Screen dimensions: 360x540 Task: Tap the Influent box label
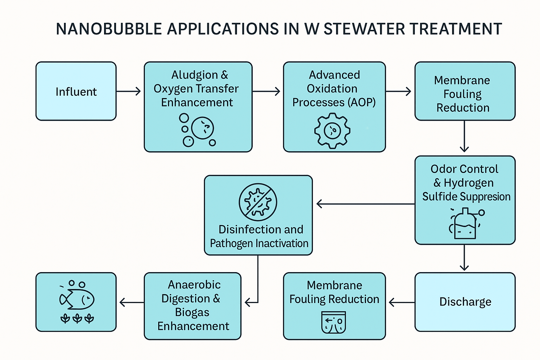tap(76, 92)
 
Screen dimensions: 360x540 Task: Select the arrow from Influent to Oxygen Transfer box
tap(129, 91)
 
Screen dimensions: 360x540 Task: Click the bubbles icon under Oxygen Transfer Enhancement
tap(197, 129)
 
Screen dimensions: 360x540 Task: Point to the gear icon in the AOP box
tap(332, 130)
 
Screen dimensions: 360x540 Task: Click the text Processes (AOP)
tap(334, 102)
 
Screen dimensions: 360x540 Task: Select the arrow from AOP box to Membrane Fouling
tap(399, 91)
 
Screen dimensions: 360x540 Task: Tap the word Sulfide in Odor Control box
tap(438, 197)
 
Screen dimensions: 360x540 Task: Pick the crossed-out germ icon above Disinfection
tap(258, 202)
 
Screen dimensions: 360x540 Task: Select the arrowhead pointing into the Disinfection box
tap(319, 204)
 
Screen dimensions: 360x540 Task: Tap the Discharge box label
tap(465, 302)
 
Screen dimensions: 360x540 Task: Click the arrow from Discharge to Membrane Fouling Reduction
tap(401, 302)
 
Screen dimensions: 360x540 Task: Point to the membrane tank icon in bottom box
tap(334, 322)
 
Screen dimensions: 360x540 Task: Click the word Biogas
tap(192, 312)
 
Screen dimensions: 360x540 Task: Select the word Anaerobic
tap(194, 285)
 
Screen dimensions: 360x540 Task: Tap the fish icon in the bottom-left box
tap(77, 299)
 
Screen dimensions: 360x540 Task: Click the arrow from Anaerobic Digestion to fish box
tap(131, 302)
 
